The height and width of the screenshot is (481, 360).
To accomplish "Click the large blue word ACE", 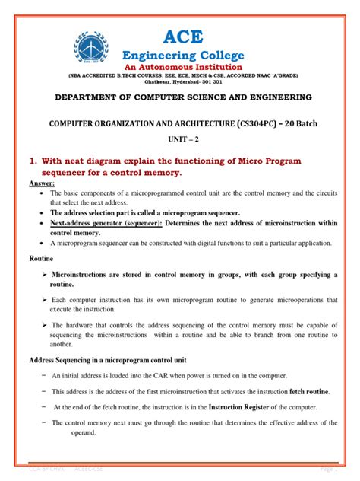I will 183,33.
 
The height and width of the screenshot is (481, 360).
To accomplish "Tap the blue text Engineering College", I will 184,55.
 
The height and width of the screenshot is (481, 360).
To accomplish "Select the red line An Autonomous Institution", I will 183,67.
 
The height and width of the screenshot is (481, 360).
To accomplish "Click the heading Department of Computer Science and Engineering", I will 183,98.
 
